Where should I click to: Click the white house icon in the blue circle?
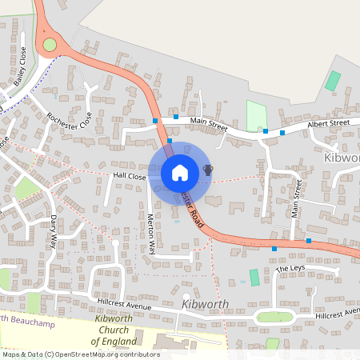[179, 172]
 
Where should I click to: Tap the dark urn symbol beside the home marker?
[208, 170]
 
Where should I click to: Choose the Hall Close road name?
[129, 176]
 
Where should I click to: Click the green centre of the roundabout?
[50, 45]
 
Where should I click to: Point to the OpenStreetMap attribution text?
[80, 354]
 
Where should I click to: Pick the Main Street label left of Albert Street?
[209, 123]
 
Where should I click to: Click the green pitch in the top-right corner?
[332, 81]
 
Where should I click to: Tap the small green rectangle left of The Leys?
[254, 277]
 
